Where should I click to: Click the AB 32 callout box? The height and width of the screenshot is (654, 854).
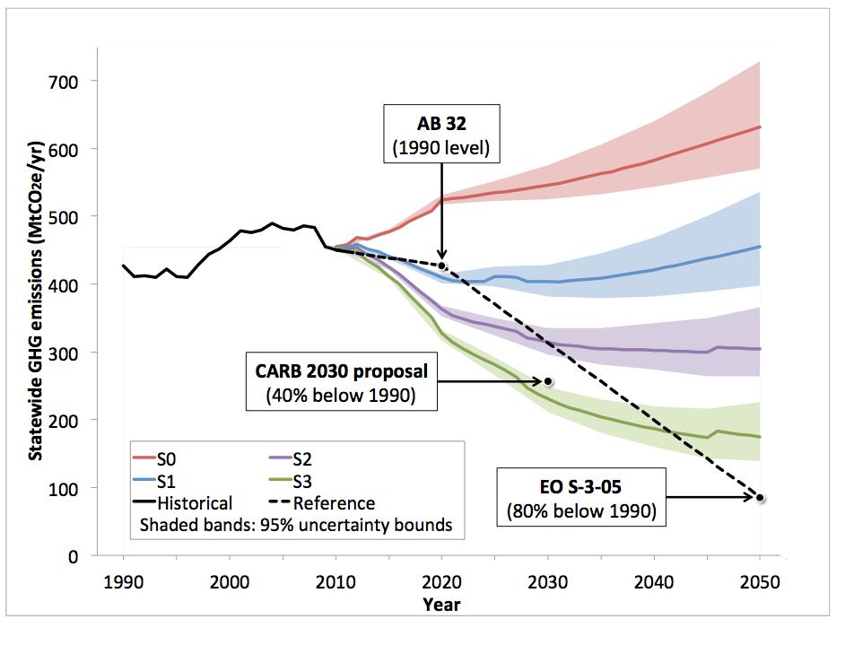coord(441,133)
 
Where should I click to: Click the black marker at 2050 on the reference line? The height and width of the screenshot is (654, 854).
coord(760,498)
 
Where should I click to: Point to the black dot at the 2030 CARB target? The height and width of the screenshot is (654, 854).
coord(548,381)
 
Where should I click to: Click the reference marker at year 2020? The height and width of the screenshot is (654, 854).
coord(442,266)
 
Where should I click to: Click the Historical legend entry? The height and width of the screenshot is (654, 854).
coord(183,503)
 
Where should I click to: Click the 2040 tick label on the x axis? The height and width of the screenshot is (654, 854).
coord(653,580)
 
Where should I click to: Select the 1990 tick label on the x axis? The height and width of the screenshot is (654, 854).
coord(124,580)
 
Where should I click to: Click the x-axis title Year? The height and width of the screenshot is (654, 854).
coord(441,604)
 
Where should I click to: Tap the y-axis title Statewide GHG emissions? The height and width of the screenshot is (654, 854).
coord(37,318)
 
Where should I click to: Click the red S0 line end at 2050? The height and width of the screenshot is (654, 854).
coord(760,126)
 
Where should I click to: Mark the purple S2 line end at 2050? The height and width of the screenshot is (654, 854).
coord(760,349)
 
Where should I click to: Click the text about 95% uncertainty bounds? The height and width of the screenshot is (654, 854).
coord(296,525)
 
